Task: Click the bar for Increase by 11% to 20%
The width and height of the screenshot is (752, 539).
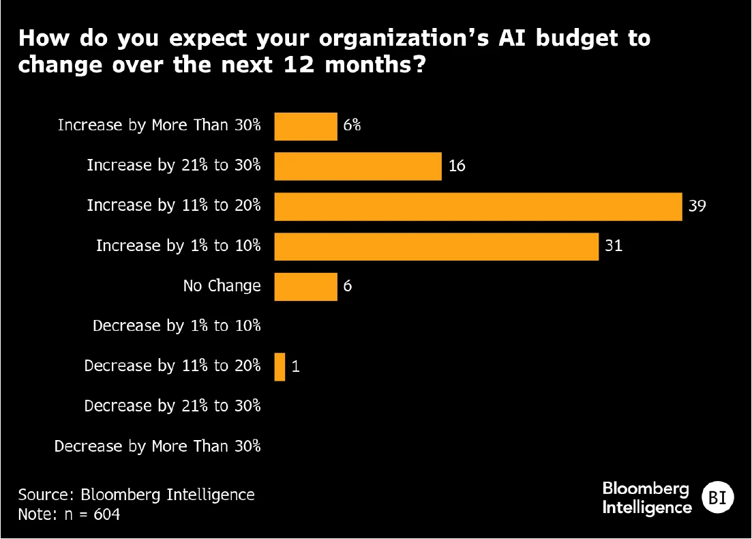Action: point(478,207)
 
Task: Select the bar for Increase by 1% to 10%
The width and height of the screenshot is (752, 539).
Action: point(436,246)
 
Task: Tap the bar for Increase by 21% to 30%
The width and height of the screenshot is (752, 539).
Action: point(358,166)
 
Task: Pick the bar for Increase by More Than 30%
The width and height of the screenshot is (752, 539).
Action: point(305,126)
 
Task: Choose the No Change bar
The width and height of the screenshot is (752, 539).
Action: point(305,287)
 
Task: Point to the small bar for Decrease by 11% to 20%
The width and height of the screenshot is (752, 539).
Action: point(280,367)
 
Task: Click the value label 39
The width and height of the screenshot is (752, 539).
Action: point(697,206)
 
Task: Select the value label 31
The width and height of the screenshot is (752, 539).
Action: point(614,246)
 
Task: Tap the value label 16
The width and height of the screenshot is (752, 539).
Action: point(457,166)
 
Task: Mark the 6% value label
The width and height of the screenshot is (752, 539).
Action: point(352,126)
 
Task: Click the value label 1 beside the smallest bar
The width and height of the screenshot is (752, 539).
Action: point(295,367)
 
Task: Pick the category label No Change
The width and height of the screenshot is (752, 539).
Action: point(222,286)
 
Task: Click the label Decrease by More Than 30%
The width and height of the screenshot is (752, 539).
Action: point(157,447)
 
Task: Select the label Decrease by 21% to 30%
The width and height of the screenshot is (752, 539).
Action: point(172,406)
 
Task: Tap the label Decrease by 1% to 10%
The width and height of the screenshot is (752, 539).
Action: point(177,326)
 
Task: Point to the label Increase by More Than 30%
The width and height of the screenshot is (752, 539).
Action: point(159,126)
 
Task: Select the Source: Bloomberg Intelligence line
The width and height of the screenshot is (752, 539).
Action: point(136,495)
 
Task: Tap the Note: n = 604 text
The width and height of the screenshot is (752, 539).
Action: point(69,514)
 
